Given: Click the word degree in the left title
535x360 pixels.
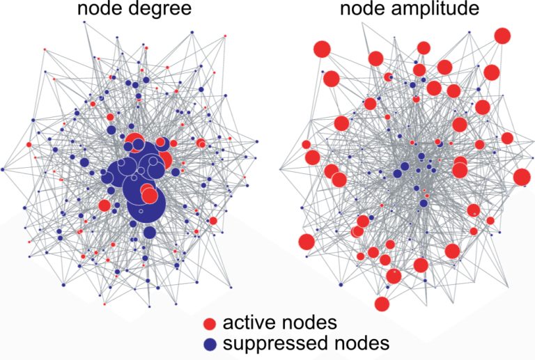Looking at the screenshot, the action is click(160, 9).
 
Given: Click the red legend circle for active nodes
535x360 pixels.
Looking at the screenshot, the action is click(210, 324).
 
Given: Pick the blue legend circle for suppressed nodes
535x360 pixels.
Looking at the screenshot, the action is click(210, 345).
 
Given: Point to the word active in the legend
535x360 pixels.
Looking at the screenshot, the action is click(251, 322).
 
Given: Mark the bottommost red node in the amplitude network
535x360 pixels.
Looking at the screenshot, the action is click(382, 304).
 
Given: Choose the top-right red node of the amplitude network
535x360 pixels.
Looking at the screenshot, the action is click(502, 36).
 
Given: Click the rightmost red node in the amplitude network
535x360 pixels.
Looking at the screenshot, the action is click(522, 178).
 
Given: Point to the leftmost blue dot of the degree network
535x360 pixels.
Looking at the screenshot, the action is click(3, 169).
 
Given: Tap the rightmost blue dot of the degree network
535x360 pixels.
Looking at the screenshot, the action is click(257, 141).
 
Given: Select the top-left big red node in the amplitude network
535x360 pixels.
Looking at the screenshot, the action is click(323, 49).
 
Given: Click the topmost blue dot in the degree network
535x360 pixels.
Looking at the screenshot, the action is click(84, 22).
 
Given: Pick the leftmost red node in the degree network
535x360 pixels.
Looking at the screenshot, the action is click(29, 145).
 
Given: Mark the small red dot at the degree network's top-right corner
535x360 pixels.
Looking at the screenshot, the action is click(225, 36).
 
